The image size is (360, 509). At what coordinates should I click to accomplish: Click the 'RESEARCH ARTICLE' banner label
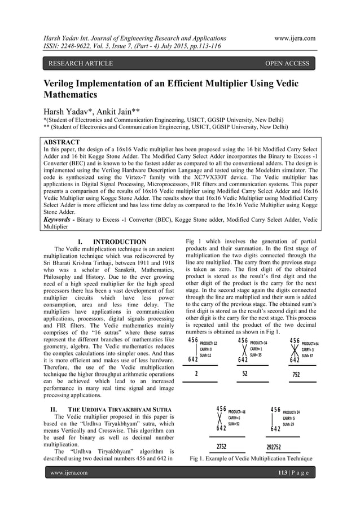click(x=80, y=63)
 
